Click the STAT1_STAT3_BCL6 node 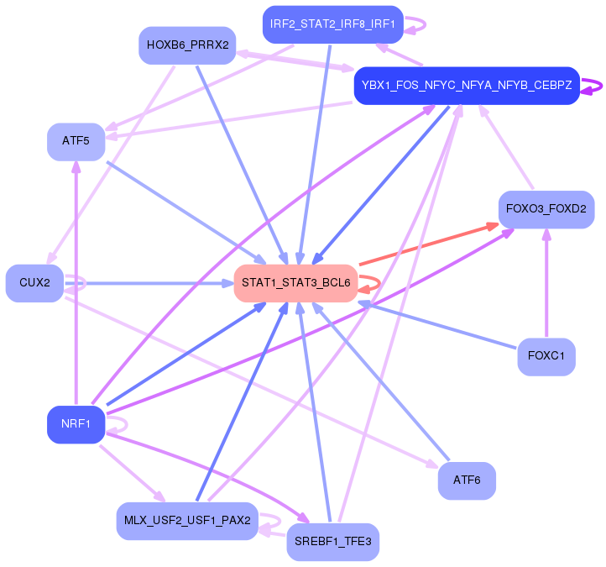(x=296, y=283)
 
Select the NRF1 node (x=76, y=424)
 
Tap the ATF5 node (x=76, y=140)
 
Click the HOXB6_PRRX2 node (x=187, y=45)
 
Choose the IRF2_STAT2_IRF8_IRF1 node (x=332, y=24)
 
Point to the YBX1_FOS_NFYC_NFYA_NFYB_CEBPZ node (x=466, y=86)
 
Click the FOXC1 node (x=546, y=356)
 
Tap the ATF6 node (x=466, y=480)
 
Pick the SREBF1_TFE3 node (x=332, y=542)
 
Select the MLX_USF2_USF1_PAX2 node (x=187, y=521)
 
